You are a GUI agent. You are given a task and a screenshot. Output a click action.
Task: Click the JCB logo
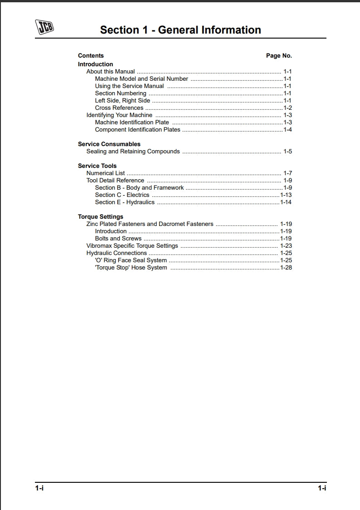[44, 27]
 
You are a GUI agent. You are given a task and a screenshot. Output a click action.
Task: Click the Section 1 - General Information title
[180, 30]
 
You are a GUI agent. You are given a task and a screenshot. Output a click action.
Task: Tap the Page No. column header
[279, 56]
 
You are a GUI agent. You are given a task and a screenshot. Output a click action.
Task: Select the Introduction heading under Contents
[95, 64]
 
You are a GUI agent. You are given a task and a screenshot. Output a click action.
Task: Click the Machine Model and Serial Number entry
[141, 79]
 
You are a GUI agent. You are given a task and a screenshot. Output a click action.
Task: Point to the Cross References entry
[119, 108]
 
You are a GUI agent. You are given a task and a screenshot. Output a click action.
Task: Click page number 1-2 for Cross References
[287, 108]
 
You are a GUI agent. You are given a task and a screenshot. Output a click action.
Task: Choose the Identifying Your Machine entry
[119, 115]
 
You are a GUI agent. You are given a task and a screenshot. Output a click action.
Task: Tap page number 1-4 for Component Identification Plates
[287, 130]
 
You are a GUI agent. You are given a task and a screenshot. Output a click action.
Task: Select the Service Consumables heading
[109, 144]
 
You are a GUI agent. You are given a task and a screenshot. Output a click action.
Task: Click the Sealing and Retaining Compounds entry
[133, 152]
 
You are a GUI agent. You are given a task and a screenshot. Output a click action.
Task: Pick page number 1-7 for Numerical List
[287, 173]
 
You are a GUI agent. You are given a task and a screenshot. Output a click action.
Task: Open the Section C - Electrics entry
[122, 195]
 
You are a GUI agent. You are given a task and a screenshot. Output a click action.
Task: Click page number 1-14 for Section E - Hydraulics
[286, 202]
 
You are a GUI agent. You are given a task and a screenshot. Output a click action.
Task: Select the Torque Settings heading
[100, 217]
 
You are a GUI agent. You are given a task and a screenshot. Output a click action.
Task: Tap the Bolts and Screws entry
[118, 239]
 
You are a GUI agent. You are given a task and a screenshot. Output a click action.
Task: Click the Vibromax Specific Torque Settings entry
[132, 246]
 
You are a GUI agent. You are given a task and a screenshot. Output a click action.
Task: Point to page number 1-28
[286, 268]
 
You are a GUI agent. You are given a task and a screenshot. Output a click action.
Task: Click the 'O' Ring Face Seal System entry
[131, 260]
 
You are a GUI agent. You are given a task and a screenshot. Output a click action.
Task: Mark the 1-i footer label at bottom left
[39, 488]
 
